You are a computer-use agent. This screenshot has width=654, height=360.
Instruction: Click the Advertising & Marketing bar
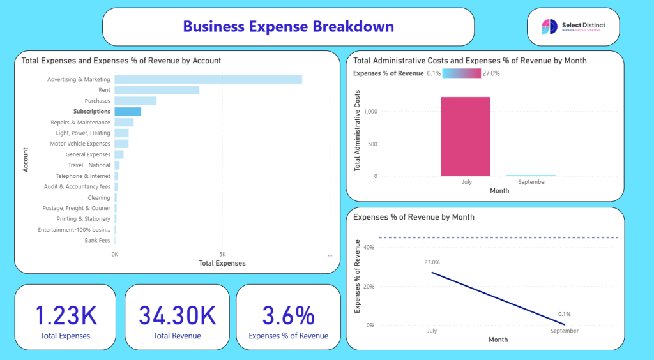click(208, 79)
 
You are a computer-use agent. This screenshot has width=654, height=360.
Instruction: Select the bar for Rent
click(157, 90)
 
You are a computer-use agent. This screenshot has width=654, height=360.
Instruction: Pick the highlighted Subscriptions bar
click(128, 112)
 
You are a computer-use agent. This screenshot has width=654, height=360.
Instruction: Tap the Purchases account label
click(97, 101)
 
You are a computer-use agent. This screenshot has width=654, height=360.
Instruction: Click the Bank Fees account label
click(97, 241)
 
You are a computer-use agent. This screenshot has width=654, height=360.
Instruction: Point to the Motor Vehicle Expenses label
click(80, 144)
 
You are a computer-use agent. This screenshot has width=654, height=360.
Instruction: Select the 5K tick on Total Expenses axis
click(222, 254)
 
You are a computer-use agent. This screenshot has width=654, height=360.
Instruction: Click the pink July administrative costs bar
click(466, 136)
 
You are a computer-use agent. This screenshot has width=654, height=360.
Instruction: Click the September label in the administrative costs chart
click(532, 182)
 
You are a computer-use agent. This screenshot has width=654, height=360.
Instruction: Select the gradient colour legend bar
click(460, 73)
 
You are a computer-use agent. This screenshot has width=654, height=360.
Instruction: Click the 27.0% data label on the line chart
click(432, 262)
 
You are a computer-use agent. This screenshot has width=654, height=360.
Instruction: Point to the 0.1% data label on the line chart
click(564, 314)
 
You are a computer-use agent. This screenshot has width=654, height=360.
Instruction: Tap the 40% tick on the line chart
click(368, 247)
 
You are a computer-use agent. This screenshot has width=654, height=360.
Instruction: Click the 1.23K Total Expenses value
click(65, 316)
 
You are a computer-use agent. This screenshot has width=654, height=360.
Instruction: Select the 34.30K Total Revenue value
click(177, 316)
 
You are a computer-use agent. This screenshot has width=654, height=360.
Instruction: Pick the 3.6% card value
click(288, 316)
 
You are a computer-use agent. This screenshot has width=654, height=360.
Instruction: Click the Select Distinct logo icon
click(549, 26)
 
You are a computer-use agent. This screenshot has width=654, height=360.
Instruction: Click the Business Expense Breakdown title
click(288, 26)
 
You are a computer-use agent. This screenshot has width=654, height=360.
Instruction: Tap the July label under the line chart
click(432, 331)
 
